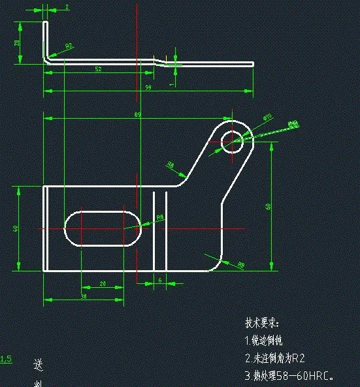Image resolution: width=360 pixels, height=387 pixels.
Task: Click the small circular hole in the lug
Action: (231, 139)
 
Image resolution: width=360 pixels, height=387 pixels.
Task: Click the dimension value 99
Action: (148, 87)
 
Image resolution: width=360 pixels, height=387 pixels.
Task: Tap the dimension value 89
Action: (137, 114)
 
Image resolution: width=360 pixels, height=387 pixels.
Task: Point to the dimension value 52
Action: (98, 69)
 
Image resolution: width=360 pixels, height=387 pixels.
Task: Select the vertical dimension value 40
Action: (14, 228)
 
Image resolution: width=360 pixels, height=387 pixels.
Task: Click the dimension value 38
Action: (84, 296)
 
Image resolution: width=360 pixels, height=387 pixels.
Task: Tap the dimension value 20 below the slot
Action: (102, 283)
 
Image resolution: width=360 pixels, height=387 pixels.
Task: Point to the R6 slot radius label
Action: (160, 217)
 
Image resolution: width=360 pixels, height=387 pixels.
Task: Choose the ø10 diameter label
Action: (267, 117)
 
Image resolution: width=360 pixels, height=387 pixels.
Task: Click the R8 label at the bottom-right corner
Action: (240, 265)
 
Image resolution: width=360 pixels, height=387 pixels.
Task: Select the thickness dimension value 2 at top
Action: (67, 7)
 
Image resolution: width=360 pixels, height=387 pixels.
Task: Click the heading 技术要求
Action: (262, 323)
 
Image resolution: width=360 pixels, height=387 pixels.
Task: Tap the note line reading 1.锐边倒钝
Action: (265, 340)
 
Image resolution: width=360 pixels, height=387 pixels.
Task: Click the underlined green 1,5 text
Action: (6, 358)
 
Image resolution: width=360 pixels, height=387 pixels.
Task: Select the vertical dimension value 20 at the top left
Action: (16, 43)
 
